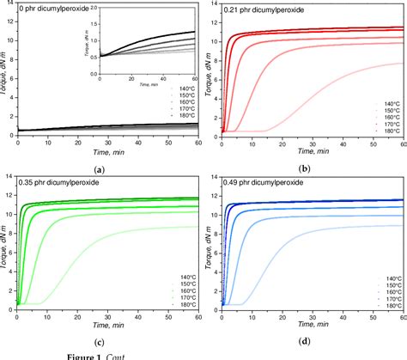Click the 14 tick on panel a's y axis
tap(10, 6)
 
